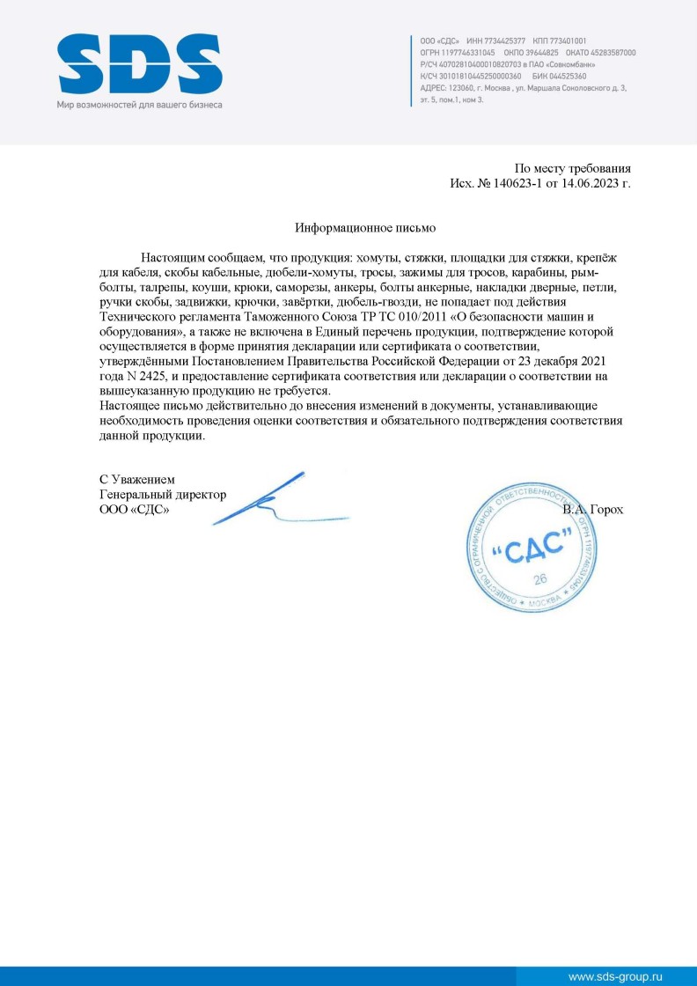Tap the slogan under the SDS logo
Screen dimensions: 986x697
click(140, 105)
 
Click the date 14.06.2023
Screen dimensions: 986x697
click(588, 184)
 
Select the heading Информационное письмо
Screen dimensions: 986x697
click(365, 227)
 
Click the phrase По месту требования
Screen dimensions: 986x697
click(572, 168)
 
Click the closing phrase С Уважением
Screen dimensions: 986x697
click(136, 480)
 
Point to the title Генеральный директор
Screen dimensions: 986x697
click(163, 495)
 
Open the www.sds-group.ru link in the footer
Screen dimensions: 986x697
click(614, 976)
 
